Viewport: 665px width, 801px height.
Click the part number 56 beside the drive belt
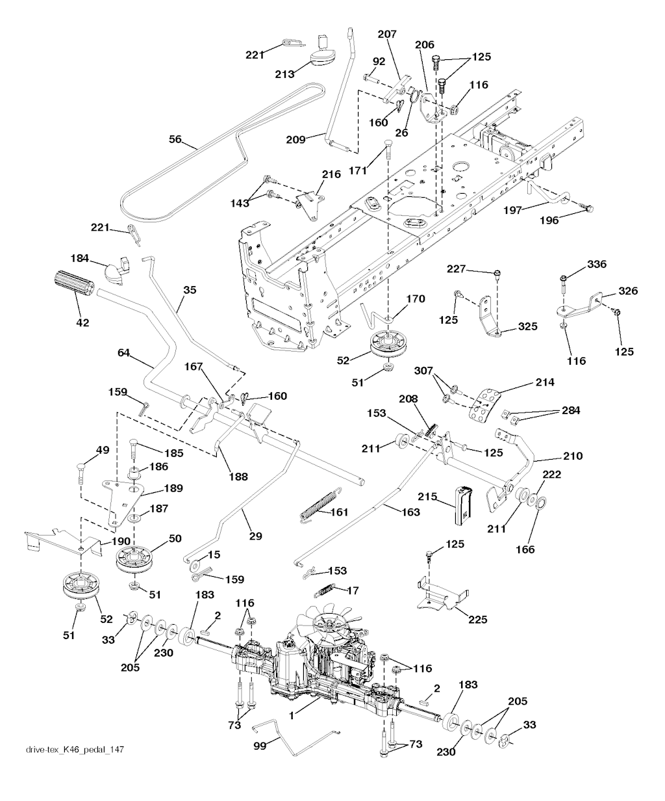point(175,139)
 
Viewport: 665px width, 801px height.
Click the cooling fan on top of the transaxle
point(326,625)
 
